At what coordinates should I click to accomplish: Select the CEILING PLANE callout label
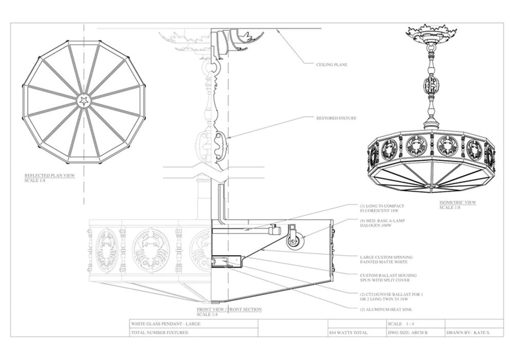tap(332, 65)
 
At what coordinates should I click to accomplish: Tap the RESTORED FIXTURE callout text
tap(336, 118)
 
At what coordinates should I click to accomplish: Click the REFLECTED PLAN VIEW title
tap(50, 175)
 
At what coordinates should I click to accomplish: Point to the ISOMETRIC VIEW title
tap(457, 202)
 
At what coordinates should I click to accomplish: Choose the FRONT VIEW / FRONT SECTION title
tap(229, 309)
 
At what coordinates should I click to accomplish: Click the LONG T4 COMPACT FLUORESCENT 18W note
tap(382, 208)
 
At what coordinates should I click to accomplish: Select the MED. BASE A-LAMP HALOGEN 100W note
tap(382, 223)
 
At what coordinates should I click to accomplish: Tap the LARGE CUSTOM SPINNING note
tap(386, 260)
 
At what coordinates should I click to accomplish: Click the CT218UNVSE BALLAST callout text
tap(391, 297)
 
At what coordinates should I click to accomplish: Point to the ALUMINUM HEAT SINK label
tap(386, 310)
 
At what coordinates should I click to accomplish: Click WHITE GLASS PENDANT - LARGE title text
tap(166, 323)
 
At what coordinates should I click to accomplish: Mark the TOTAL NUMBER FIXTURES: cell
tap(160, 332)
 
